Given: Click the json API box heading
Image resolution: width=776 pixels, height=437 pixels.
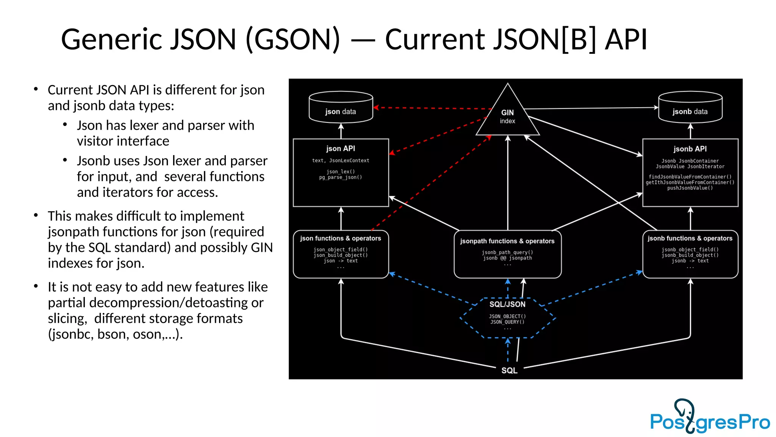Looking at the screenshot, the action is (341, 149).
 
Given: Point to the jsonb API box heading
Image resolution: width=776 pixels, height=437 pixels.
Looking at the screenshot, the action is (690, 149).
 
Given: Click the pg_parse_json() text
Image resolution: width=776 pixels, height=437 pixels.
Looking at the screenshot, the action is (341, 177).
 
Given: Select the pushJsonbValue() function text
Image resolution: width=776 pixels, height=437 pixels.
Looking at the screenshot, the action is (690, 188).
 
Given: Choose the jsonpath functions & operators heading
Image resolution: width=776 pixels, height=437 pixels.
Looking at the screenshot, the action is (507, 241).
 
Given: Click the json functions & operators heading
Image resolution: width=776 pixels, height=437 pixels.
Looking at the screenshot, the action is (341, 238).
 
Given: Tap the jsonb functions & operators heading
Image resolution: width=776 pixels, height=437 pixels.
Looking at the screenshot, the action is (690, 238).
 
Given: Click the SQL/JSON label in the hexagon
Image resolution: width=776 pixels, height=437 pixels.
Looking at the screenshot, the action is (507, 304).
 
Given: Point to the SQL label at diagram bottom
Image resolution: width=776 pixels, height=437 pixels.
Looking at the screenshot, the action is (509, 370).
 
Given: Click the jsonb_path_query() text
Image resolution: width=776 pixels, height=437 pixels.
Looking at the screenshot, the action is (507, 252).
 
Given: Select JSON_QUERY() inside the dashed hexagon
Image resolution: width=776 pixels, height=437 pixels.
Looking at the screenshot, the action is (507, 322).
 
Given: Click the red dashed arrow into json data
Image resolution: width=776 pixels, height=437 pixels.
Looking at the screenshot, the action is (432, 108).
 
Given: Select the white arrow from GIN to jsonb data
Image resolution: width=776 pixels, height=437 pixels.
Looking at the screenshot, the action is (591, 108).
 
